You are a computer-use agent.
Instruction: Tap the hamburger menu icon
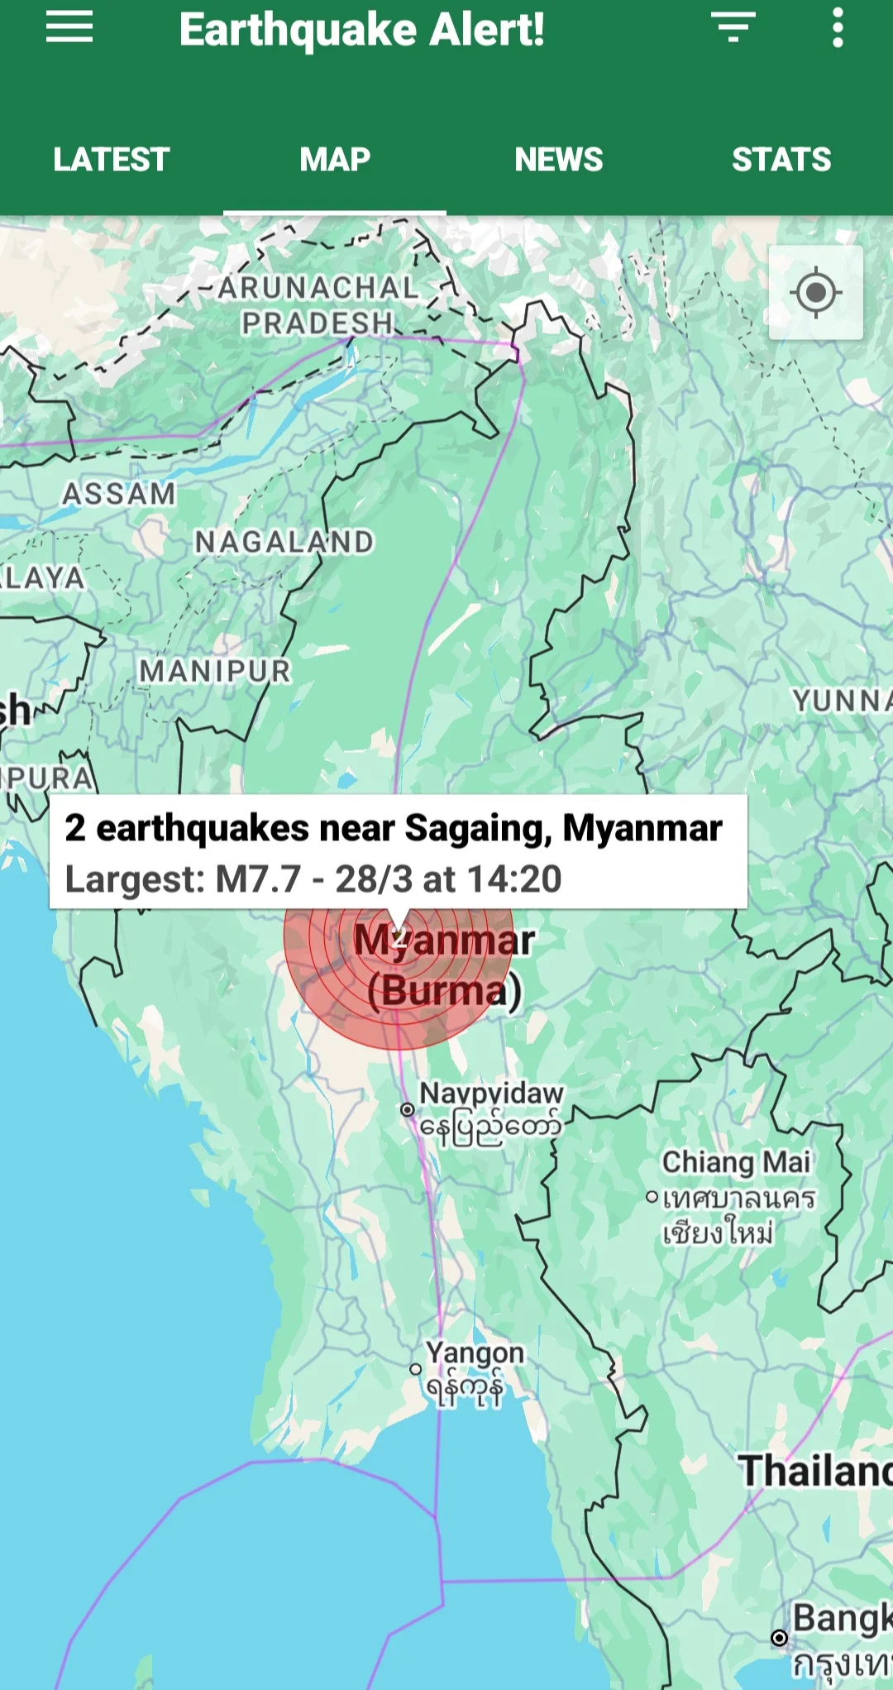69,29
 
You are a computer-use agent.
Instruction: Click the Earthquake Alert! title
361,30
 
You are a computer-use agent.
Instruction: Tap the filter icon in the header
733,28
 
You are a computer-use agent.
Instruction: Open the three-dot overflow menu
838,28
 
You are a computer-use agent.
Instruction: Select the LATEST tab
112,160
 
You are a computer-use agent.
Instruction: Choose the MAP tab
335,160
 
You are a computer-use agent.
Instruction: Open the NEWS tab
559,160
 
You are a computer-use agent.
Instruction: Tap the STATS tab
781,160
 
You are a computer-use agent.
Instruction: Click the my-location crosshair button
816,293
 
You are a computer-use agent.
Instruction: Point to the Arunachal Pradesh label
318,305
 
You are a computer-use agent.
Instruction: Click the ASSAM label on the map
120,494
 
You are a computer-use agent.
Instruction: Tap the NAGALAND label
284,542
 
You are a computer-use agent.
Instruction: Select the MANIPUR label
215,671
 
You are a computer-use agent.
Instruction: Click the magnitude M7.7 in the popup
257,879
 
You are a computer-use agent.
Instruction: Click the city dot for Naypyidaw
408,1109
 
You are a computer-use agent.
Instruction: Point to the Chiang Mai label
736,1162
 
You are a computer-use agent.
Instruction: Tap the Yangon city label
475,1353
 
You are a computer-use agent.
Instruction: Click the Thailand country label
814,1471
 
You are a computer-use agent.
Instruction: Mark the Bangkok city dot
779,1637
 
